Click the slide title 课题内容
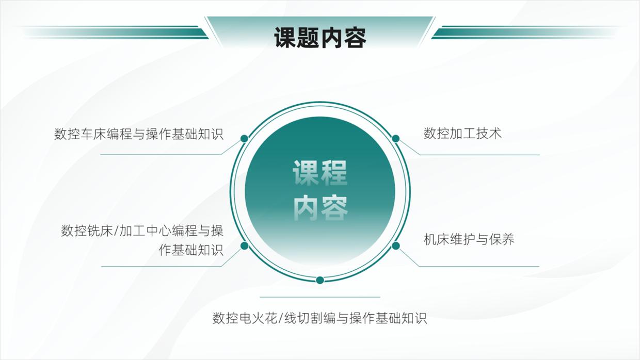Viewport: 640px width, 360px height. (x=320, y=37)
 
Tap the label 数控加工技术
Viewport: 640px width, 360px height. (x=462, y=134)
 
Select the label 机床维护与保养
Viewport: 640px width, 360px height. (x=469, y=239)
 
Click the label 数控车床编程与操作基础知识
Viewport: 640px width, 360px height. (x=139, y=134)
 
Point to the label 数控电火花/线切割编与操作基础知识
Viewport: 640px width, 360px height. (x=319, y=318)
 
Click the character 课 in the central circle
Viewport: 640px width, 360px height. (x=306, y=173)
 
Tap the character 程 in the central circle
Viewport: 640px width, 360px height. (x=334, y=173)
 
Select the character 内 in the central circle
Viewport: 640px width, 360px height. (x=306, y=208)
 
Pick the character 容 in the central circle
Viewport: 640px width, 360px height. (x=334, y=208)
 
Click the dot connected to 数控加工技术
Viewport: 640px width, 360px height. (x=396, y=138)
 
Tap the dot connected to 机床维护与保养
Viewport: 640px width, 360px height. (x=396, y=246)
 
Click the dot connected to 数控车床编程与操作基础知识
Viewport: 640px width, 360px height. (x=244, y=138)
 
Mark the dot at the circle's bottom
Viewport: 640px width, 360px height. (x=320, y=280)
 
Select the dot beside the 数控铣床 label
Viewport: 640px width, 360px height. (x=244, y=246)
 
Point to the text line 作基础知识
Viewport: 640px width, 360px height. (x=191, y=250)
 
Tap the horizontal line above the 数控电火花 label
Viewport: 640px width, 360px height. (x=320, y=297)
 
